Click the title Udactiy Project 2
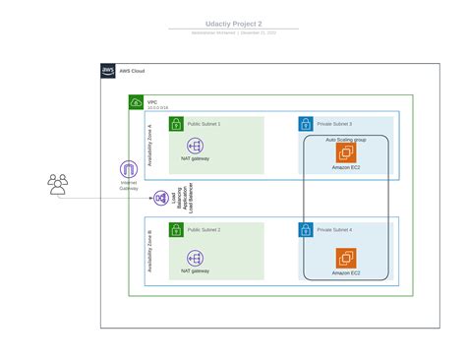(233, 23)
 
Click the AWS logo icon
(108, 71)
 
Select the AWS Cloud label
(132, 71)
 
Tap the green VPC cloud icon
(136, 102)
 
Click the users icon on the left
(58, 184)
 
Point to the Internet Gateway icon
(129, 169)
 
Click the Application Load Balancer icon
(160, 199)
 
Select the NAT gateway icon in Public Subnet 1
(194, 146)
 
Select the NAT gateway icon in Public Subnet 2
(194, 258)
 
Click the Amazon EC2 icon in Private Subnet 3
(346, 152)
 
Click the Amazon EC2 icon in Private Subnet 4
(346, 258)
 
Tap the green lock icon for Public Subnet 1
(176, 124)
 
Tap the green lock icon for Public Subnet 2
(176, 229)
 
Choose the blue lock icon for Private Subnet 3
(306, 124)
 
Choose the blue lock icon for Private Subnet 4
(306, 229)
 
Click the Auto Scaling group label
(346, 140)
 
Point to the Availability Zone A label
(149, 146)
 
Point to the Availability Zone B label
(149, 251)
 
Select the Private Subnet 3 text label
(337, 124)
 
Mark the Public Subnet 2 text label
(204, 229)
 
